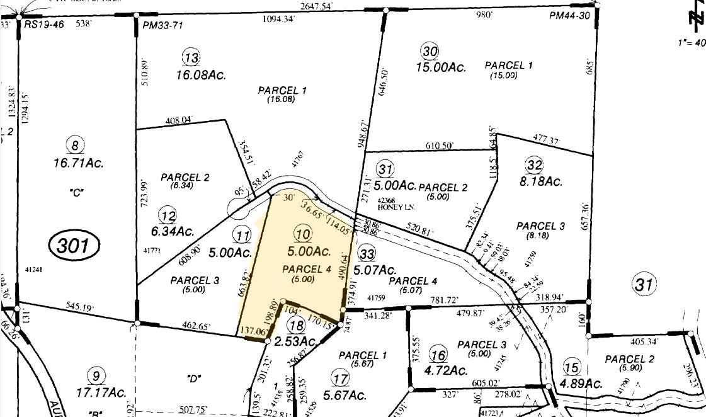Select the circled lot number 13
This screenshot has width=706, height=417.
(191, 58)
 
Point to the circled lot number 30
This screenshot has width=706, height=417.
(430, 50)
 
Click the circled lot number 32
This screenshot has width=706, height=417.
(534, 165)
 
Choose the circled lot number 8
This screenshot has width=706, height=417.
(76, 146)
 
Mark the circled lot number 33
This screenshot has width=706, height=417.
(366, 253)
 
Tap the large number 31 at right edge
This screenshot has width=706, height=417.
(644, 285)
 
